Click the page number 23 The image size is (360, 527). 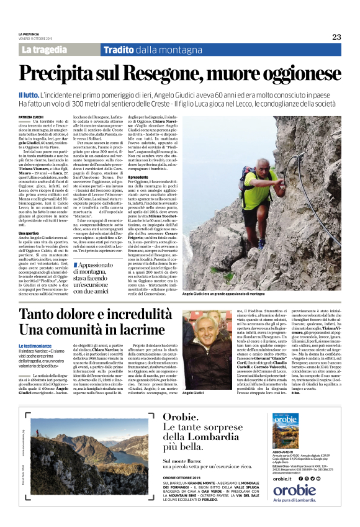pos(336,37)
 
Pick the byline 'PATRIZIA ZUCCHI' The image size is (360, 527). pos(34,116)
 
